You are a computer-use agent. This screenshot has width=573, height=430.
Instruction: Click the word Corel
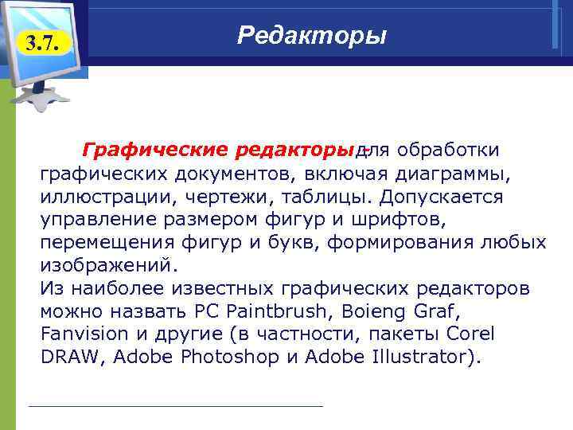point(470,334)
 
